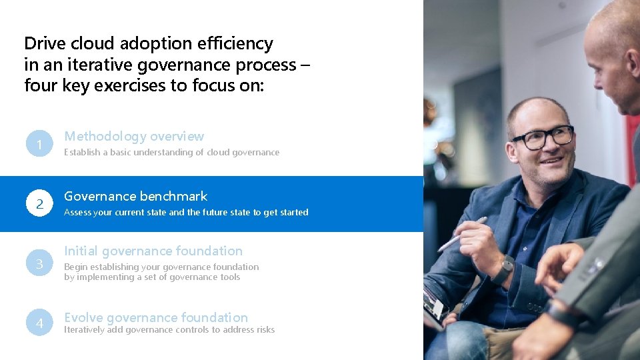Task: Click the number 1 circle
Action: (40, 144)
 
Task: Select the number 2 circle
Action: (40, 204)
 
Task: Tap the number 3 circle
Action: (40, 264)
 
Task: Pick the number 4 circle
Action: (40, 323)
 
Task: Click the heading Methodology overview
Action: (134, 136)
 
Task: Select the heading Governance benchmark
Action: (135, 196)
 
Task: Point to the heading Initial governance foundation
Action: (153, 251)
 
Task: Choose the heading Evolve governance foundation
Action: (156, 317)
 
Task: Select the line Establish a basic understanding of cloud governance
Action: (171, 153)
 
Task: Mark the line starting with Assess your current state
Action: (186, 213)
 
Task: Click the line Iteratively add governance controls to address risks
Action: (169, 329)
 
